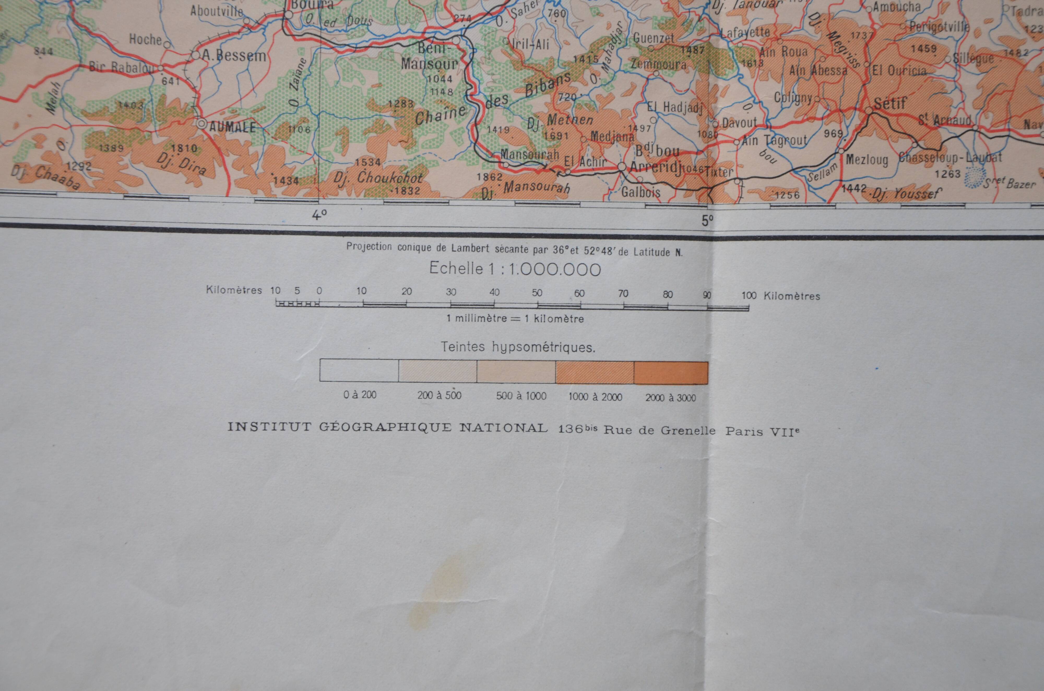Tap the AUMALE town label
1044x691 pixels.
[x=232, y=127]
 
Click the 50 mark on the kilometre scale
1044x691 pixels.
[x=537, y=293]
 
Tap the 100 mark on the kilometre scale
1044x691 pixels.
[x=749, y=295]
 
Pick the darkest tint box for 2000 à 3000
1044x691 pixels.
[x=671, y=373]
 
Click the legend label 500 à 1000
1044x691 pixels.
[x=521, y=396]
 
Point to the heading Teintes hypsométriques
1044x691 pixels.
[x=518, y=347]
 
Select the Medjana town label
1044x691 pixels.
[x=612, y=137]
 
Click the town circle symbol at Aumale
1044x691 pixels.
[x=202, y=124]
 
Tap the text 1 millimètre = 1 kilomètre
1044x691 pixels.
[x=515, y=318]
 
